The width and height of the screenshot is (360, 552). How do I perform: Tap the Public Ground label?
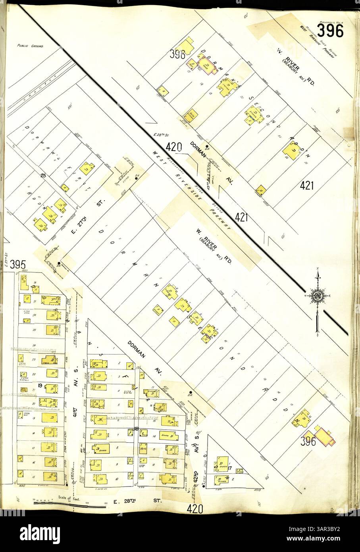tap(30, 46)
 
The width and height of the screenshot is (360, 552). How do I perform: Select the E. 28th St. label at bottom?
tap(137, 501)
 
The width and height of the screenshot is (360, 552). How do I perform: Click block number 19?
tap(40, 385)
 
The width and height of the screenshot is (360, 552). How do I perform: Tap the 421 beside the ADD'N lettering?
tap(307, 185)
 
